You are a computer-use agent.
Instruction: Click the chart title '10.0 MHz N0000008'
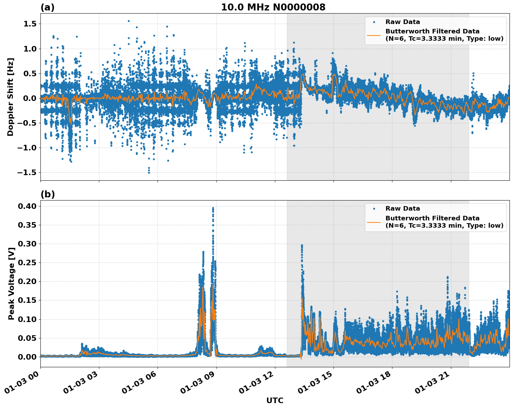273,7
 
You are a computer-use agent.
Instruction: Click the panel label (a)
47,7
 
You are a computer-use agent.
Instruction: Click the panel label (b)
47,194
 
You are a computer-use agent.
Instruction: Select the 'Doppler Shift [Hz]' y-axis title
10,97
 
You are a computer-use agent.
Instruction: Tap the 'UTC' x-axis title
275,400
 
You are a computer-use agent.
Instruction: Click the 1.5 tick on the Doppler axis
30,24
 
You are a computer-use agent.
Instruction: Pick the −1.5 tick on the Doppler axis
28,173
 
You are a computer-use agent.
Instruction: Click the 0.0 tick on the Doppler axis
30,99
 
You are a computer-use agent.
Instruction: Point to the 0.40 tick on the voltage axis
28,206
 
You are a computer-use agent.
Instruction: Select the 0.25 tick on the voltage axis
28,263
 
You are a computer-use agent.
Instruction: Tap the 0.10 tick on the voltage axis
28,319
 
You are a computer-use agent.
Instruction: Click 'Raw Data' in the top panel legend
403,22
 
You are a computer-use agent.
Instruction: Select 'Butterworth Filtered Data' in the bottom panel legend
432,218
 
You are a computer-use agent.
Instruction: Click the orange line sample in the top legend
374,35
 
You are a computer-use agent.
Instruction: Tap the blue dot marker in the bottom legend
374,209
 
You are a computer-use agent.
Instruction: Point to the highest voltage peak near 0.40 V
213,208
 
